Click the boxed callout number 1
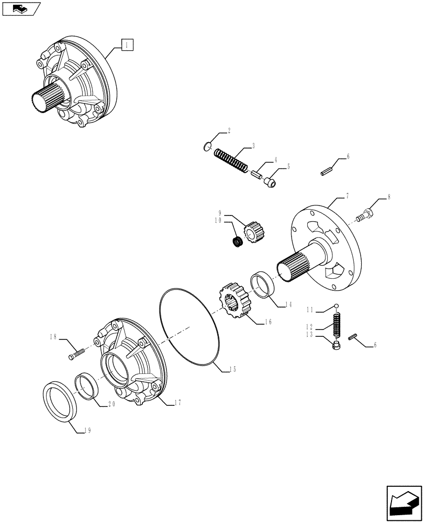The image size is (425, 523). (x=127, y=45)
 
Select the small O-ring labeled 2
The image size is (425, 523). (x=207, y=147)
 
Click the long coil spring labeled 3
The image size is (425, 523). (x=231, y=160)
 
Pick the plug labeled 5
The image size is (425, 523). (x=271, y=183)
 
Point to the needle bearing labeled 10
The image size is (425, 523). (x=239, y=242)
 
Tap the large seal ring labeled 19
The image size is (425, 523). (x=60, y=401)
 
